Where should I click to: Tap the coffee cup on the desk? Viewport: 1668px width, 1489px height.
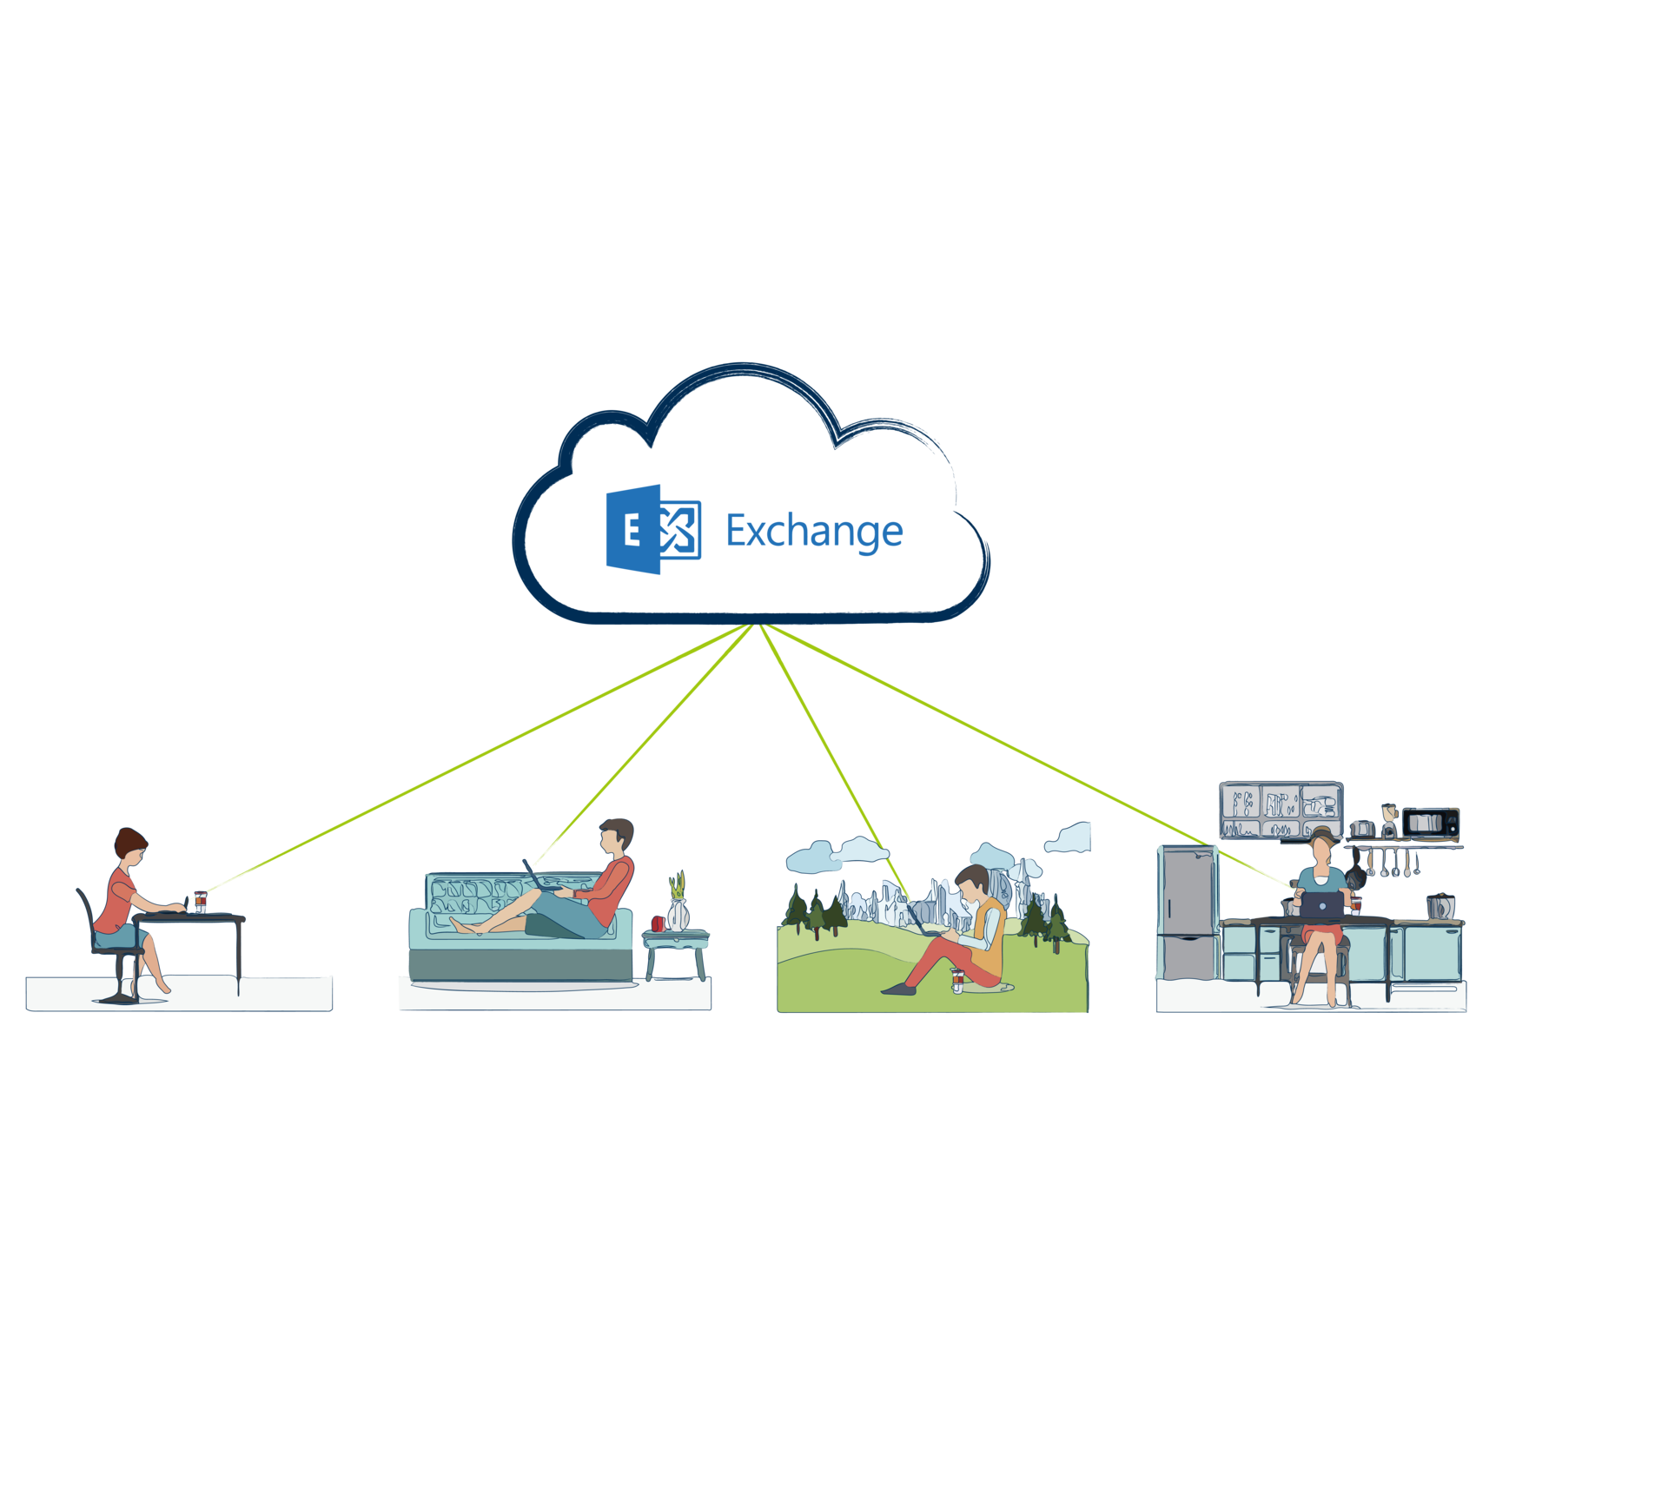pyautogui.click(x=201, y=903)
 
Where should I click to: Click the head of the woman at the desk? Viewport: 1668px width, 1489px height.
pyautogui.click(x=130, y=847)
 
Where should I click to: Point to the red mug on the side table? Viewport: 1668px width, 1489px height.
pyautogui.click(x=658, y=923)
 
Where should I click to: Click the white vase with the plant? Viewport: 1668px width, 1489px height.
pyautogui.click(x=678, y=912)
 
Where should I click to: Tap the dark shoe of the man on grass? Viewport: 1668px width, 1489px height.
pyautogui.click(x=895, y=989)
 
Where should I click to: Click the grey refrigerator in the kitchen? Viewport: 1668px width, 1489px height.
pyautogui.click(x=1187, y=912)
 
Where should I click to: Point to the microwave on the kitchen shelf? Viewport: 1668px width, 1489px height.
pyautogui.click(x=1430, y=822)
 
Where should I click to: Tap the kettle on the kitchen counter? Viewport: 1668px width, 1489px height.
pyautogui.click(x=1440, y=907)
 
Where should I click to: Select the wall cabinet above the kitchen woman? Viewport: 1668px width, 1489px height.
pyautogui.click(x=1281, y=811)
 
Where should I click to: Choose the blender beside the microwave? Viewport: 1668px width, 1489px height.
pyautogui.click(x=1389, y=821)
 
